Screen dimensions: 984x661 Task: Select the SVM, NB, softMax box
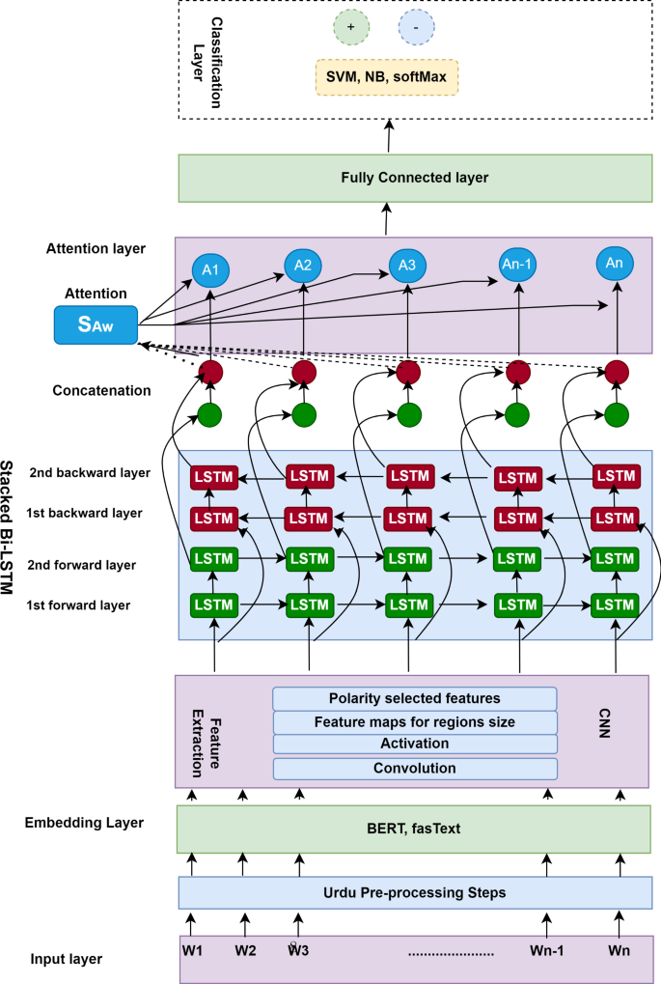386,77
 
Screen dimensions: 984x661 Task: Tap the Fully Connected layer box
415,178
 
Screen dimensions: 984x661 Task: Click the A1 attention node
209,271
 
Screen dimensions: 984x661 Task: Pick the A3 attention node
407,264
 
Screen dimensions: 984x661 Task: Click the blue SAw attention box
96,324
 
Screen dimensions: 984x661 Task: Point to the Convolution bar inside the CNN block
415,769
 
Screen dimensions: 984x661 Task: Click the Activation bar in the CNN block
415,745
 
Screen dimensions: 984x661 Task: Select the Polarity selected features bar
415,698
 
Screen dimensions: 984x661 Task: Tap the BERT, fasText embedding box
415,829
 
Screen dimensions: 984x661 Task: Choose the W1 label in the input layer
192,950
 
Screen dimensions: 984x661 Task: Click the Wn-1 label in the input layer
546,950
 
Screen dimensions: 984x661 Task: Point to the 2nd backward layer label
90,473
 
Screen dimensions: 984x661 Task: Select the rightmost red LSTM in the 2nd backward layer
616,475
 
